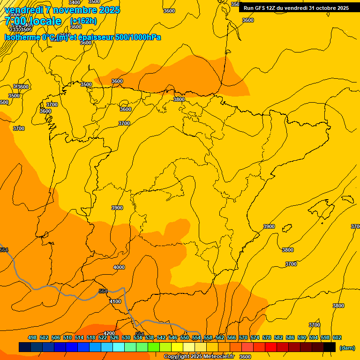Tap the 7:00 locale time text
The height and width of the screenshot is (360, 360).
pos(33,21)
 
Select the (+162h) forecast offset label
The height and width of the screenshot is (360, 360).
pos(83,21)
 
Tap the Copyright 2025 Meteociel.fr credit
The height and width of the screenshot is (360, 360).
pos(199,357)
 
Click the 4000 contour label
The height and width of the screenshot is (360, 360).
pos(119,267)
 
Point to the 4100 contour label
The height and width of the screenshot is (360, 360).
pos(115,301)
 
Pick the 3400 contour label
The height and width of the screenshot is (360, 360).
pos(74,2)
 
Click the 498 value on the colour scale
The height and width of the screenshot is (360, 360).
pos(32,337)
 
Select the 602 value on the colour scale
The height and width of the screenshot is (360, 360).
pos(337,337)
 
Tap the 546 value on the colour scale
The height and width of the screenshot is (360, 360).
pos(173,337)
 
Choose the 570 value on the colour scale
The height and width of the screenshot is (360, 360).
pos(243,337)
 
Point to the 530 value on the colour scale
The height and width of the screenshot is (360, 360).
pos(126,337)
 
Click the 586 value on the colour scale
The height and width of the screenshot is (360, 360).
pos(290,337)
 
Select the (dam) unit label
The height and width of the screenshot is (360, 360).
pos(347,348)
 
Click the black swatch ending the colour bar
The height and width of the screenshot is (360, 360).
pos(330,347)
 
